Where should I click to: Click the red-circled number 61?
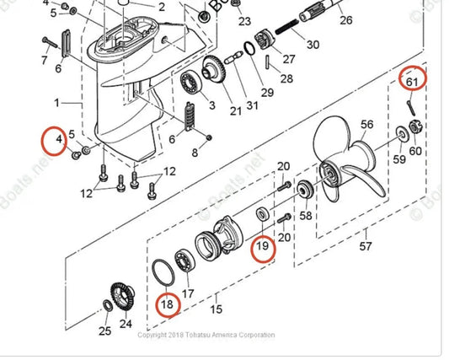tap(412, 82)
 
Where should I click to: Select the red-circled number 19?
tap(262, 248)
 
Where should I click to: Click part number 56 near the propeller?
tap(366, 125)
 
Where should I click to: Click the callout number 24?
tap(126, 322)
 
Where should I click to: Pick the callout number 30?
tap(313, 44)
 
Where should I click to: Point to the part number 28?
tap(286, 78)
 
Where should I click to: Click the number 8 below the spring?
tap(195, 153)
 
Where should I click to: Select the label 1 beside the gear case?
tap(57, 103)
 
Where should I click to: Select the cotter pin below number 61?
tap(410, 106)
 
